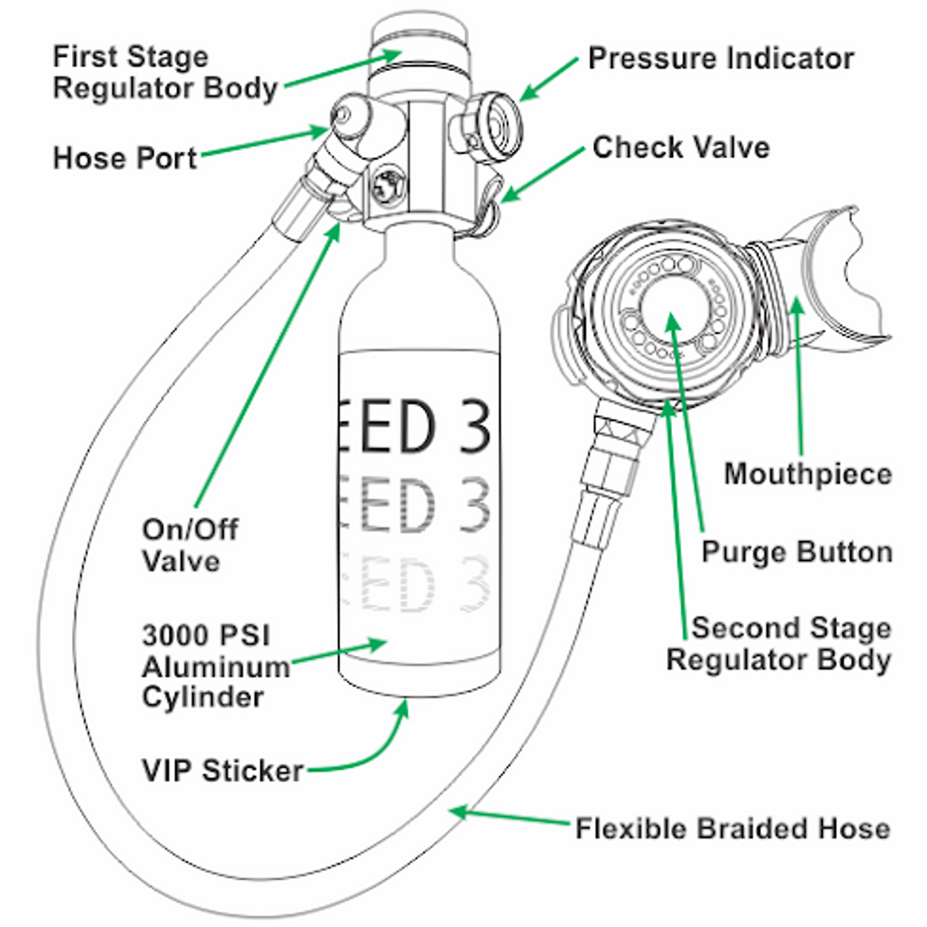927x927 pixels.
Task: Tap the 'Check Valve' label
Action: pos(681,148)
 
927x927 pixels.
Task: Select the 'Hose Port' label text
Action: pos(125,158)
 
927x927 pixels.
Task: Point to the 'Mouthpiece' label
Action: pos(807,473)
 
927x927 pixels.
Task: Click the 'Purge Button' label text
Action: pos(796,552)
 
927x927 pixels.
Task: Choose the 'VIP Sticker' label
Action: pos(222,770)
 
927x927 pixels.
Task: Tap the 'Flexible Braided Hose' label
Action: pos(732,828)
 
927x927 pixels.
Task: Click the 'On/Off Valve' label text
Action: pos(190,545)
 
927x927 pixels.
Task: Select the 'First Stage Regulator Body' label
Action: pos(165,73)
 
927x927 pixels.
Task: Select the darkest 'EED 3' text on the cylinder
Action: pos(417,426)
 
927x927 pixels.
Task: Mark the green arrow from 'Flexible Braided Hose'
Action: pos(510,817)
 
